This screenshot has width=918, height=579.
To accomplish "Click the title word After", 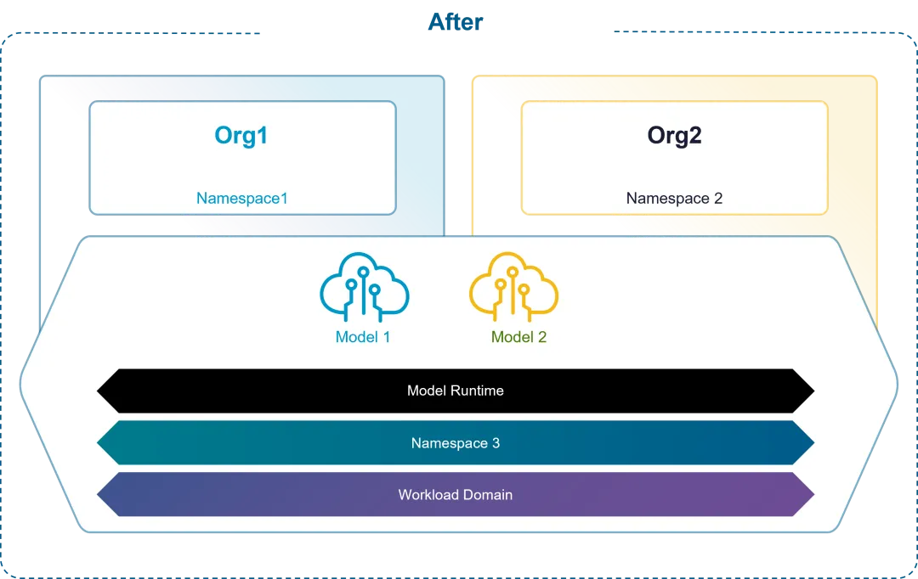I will click(x=456, y=21).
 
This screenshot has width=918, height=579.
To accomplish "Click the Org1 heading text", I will click(x=241, y=136).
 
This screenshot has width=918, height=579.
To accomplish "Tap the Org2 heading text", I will click(x=674, y=136).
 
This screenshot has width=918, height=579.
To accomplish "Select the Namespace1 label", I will click(x=242, y=199).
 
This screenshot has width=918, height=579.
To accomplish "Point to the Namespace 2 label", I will click(x=674, y=199).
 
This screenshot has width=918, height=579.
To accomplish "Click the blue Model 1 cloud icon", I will click(x=364, y=288).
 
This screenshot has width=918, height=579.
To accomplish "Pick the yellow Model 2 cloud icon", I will click(x=513, y=288).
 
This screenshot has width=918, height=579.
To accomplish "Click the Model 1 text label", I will click(x=363, y=337).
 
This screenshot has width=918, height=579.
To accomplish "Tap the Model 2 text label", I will click(x=518, y=337).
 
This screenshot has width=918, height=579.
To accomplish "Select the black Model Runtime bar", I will click(x=255, y=391).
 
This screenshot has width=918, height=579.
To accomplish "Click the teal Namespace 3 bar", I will click(x=255, y=443).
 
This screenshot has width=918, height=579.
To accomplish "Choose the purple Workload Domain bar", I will click(x=255, y=495).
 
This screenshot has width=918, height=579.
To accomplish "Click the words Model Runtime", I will click(x=456, y=391).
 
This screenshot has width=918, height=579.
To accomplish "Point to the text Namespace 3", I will click(x=456, y=443).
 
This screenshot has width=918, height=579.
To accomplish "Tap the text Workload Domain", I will click(x=456, y=495).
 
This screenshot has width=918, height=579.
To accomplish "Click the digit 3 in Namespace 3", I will click(x=496, y=443).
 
